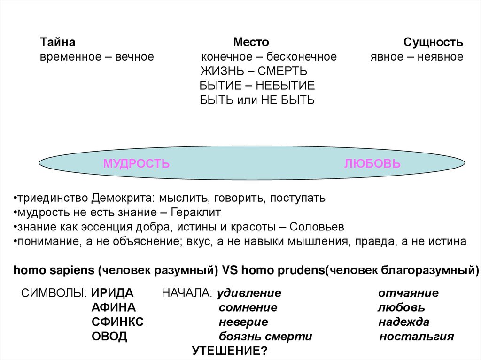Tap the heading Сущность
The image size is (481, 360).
point(433,42)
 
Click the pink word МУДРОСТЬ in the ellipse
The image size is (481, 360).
point(136,163)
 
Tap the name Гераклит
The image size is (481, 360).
point(194,212)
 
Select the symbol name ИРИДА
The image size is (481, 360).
point(112,293)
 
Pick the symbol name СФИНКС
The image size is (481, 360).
point(117,322)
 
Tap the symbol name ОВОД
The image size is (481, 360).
point(109,337)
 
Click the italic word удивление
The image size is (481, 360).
point(249,293)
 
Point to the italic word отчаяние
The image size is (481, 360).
point(408,293)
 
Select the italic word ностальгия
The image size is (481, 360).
point(417,337)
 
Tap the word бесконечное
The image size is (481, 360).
point(302,57)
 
